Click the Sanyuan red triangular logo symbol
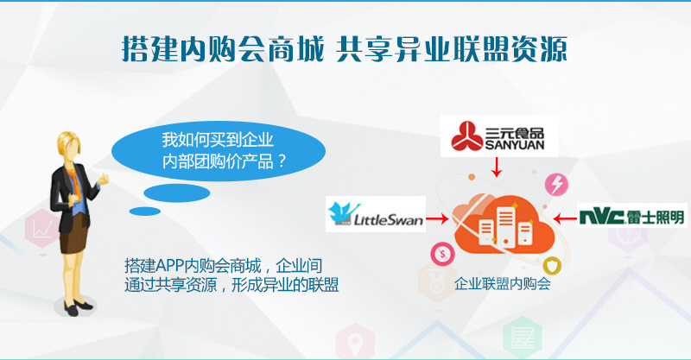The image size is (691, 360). tap(467, 136)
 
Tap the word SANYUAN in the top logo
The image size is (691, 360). tap(515, 144)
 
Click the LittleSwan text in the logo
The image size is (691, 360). tap(389, 219)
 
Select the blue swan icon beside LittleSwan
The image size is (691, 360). tap(343, 213)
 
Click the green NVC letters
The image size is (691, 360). tap(602, 218)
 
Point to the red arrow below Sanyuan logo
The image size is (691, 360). tap(497, 167)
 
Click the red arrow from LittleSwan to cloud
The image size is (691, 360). tap(438, 218)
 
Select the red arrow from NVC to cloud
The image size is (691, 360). tap(565, 218)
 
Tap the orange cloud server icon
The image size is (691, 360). tap(504, 224)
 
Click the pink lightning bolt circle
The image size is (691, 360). tap(556, 184)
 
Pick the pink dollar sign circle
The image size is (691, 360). tap(442, 254)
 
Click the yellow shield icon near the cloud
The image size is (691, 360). tap(552, 266)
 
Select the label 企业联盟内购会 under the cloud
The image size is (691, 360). tap(503, 283)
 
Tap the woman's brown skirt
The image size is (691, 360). tap(73, 234)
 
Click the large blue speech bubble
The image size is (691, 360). tap(219, 151)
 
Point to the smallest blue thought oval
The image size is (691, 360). tap(144, 212)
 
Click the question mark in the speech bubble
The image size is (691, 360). tap(282, 161)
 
